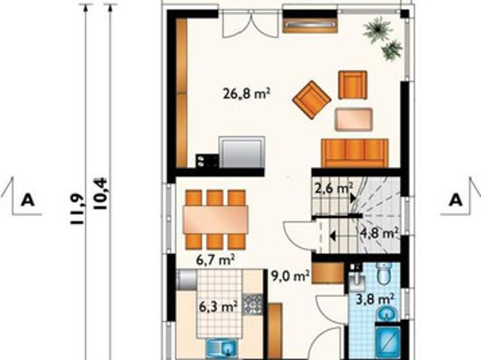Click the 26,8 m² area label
(247, 93)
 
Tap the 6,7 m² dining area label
(216, 260)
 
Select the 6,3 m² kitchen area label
(219, 307)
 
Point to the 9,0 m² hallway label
(290, 276)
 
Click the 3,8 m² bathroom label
(375, 298)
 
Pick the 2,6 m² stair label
(334, 188)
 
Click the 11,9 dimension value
(77, 209)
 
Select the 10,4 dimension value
(101, 194)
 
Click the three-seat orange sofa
(355, 153)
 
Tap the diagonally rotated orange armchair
(312, 100)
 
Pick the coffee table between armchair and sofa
(354, 119)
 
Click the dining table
(216, 219)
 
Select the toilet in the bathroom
(383, 274)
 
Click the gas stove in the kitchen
(253, 304)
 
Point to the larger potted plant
(377, 30)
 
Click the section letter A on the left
(28, 200)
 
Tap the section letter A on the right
(456, 200)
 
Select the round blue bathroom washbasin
(387, 313)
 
